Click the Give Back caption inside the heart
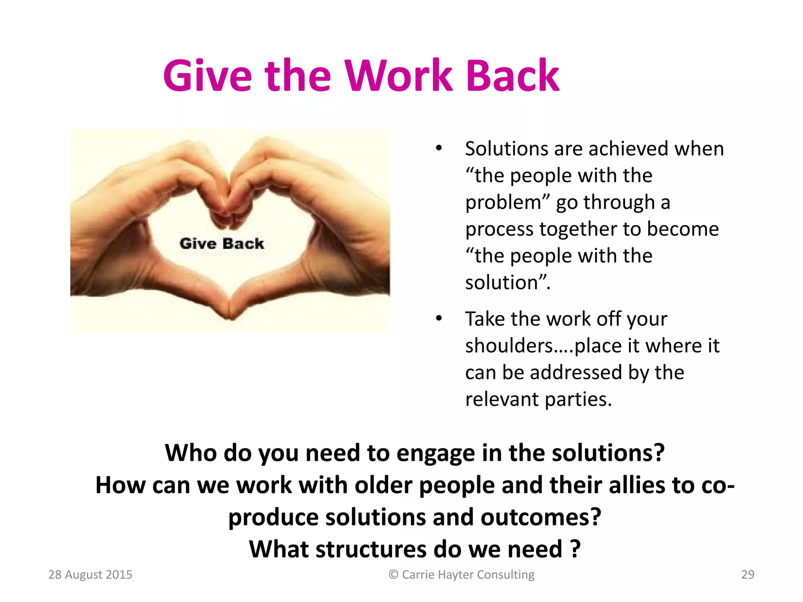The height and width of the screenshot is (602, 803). coord(222,243)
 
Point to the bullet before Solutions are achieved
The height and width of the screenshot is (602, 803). coord(439,149)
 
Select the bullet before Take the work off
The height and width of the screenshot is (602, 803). coord(439,318)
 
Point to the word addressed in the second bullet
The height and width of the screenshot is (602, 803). coord(576,372)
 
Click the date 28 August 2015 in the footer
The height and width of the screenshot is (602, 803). coord(90,575)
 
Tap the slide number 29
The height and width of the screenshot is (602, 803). coord(748,575)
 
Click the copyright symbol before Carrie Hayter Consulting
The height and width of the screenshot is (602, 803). coord(393,575)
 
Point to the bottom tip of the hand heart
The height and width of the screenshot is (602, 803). coord(231,318)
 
